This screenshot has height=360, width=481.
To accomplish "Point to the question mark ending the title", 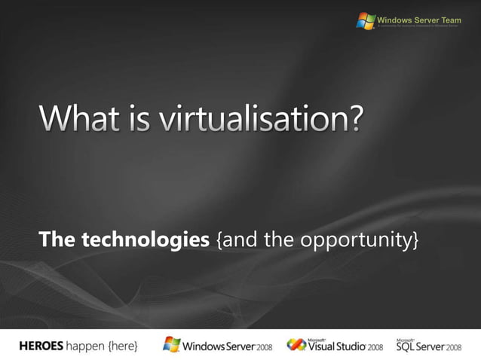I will (x=354, y=121).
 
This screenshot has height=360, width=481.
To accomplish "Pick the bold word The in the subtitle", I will (x=57, y=240).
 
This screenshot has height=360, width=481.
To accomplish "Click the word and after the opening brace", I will (x=238, y=240).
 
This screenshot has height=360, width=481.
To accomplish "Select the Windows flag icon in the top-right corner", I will (x=366, y=21).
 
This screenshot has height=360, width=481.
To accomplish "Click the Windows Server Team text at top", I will (x=418, y=19).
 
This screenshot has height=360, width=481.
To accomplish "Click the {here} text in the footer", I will (x=123, y=346).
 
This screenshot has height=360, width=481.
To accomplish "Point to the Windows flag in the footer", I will (x=172, y=345).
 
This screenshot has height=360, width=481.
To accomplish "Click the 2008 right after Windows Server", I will (x=262, y=346).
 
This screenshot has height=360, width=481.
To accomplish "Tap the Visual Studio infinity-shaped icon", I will (x=296, y=345).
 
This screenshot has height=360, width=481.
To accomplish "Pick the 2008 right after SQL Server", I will (x=454, y=347).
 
